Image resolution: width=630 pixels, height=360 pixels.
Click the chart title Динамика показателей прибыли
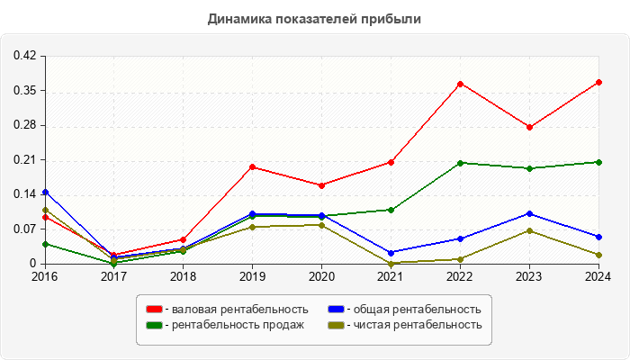(x=314, y=18)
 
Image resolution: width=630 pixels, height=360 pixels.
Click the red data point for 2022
(x=460, y=84)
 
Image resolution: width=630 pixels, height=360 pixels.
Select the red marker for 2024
(x=598, y=82)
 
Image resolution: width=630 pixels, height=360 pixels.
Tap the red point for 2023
(x=529, y=127)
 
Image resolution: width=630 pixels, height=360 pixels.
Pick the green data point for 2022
(x=460, y=163)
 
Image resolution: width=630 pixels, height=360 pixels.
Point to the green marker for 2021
(x=391, y=210)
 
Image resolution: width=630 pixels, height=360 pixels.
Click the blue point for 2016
(x=45, y=192)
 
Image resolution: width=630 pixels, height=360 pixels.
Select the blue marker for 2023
(x=529, y=213)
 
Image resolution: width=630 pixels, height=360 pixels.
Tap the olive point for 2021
(x=391, y=263)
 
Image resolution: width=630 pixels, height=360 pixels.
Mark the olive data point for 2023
(x=529, y=230)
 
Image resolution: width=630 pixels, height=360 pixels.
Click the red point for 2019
(x=253, y=166)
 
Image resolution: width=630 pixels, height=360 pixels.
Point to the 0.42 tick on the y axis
(x=24, y=56)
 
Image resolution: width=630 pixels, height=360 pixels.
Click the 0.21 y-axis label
(x=24, y=159)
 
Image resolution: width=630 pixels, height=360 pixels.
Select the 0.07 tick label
(x=24, y=229)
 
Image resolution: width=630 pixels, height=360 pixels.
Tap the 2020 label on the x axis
(x=321, y=276)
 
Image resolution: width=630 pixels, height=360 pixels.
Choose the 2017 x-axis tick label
(x=114, y=276)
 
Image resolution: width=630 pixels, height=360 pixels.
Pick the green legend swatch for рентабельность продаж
(x=153, y=324)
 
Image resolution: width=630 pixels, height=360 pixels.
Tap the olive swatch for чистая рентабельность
(x=336, y=324)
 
